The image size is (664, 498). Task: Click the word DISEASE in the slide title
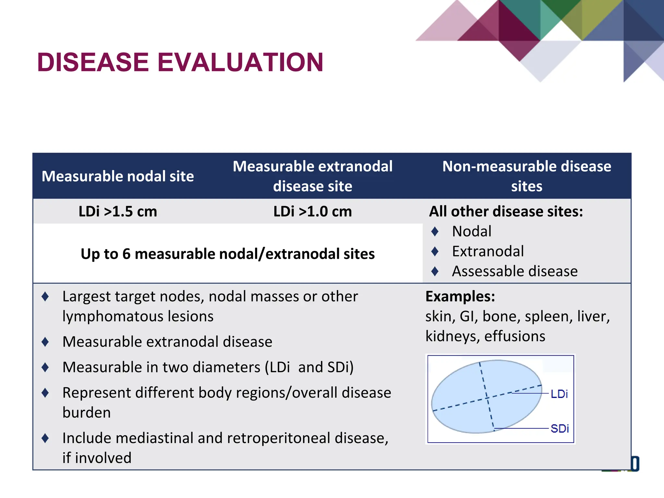93,62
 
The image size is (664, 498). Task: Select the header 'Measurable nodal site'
118,176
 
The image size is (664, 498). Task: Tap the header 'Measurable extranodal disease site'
313,176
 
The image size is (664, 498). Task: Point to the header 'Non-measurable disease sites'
527,176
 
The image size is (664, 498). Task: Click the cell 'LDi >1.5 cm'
118,211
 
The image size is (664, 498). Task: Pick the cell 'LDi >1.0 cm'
313,211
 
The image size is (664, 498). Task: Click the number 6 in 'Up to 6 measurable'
126,254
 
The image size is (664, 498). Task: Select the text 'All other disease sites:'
506,211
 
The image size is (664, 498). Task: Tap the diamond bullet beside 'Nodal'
435,231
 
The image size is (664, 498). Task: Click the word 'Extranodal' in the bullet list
488,251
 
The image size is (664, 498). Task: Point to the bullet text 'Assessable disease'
515,271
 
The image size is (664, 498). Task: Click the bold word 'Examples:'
460,296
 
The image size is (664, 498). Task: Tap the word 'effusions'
515,336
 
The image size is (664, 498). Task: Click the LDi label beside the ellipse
559,394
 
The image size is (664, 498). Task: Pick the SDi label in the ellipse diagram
560,428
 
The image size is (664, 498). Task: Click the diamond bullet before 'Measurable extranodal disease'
45,342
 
